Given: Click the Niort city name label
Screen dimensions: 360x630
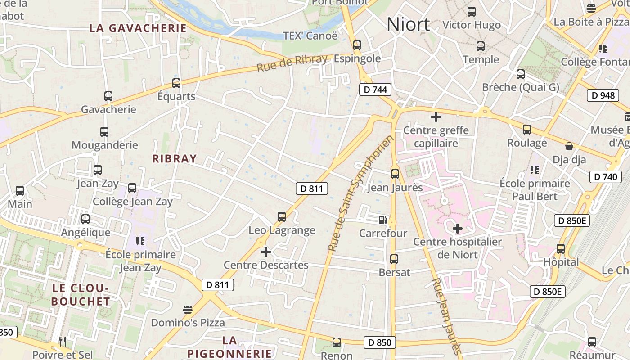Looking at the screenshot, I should coord(408,24).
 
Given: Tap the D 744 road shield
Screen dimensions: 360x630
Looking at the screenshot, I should coord(375,90).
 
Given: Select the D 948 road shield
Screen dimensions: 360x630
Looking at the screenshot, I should coord(603,95).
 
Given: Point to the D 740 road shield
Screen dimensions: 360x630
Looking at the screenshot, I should coord(605,177).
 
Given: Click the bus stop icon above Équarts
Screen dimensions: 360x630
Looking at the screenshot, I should coord(176,83).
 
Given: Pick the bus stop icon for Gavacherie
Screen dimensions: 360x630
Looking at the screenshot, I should coord(108,96).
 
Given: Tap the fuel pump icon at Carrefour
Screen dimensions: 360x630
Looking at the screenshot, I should coord(382,220).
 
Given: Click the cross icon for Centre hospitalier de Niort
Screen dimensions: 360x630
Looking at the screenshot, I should coord(458,229).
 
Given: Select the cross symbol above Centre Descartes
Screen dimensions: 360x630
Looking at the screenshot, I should coord(266,252).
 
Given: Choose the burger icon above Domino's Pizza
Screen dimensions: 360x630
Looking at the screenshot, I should coord(188,310).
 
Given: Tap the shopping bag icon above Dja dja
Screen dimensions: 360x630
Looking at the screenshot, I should coord(569,146).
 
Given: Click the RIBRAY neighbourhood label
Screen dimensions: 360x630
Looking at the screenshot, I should coord(175,158).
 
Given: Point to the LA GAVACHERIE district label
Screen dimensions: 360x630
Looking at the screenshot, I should coord(138,28).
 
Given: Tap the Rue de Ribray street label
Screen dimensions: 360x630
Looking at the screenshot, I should coord(292,63).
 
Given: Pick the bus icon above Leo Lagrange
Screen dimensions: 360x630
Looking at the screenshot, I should coord(282,217).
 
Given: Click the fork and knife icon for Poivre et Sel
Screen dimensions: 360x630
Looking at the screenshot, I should coord(63,342).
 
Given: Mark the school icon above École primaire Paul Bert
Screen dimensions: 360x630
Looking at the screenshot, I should coord(535,170).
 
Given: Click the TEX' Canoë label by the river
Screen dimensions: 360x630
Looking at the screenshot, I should coord(310,36).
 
